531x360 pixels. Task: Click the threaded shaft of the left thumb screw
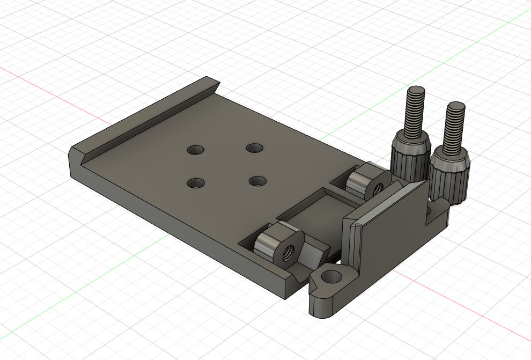point(415,110)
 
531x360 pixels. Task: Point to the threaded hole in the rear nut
point(377,188)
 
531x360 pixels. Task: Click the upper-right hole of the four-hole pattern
point(254,147)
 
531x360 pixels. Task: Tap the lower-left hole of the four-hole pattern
point(196,183)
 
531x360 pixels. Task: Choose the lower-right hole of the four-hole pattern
point(258,181)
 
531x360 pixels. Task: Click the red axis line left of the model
point(32,79)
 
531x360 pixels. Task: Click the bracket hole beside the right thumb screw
point(430,213)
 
